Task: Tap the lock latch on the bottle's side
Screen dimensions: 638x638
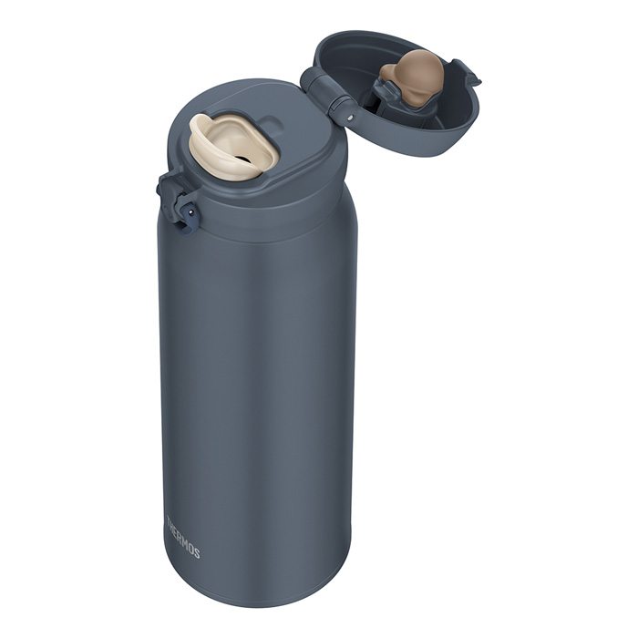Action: click(x=176, y=197)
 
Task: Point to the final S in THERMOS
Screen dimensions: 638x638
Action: click(x=196, y=553)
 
